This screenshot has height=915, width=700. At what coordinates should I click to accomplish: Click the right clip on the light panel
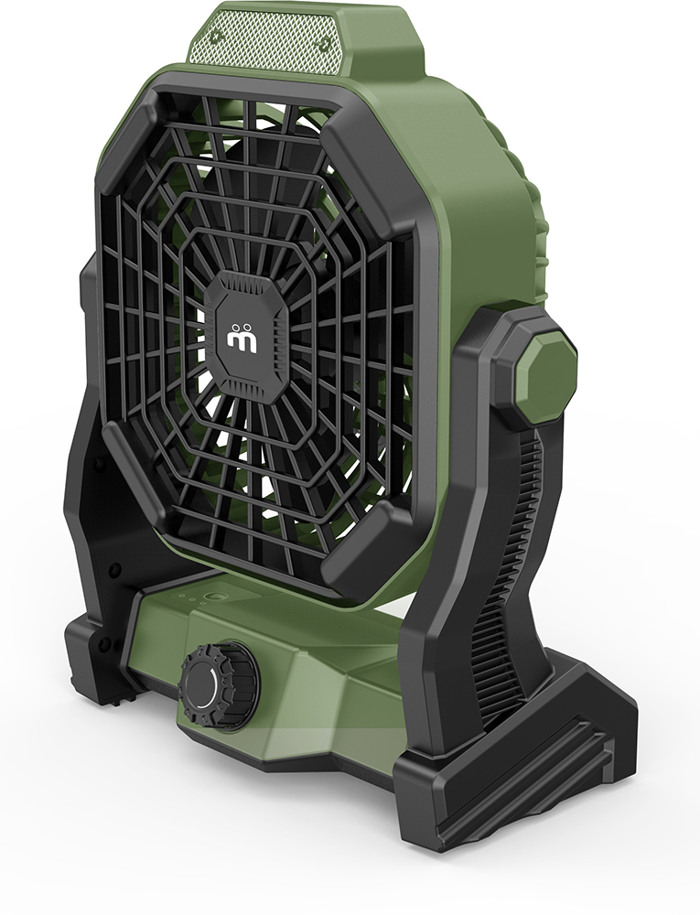coord(322,43)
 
